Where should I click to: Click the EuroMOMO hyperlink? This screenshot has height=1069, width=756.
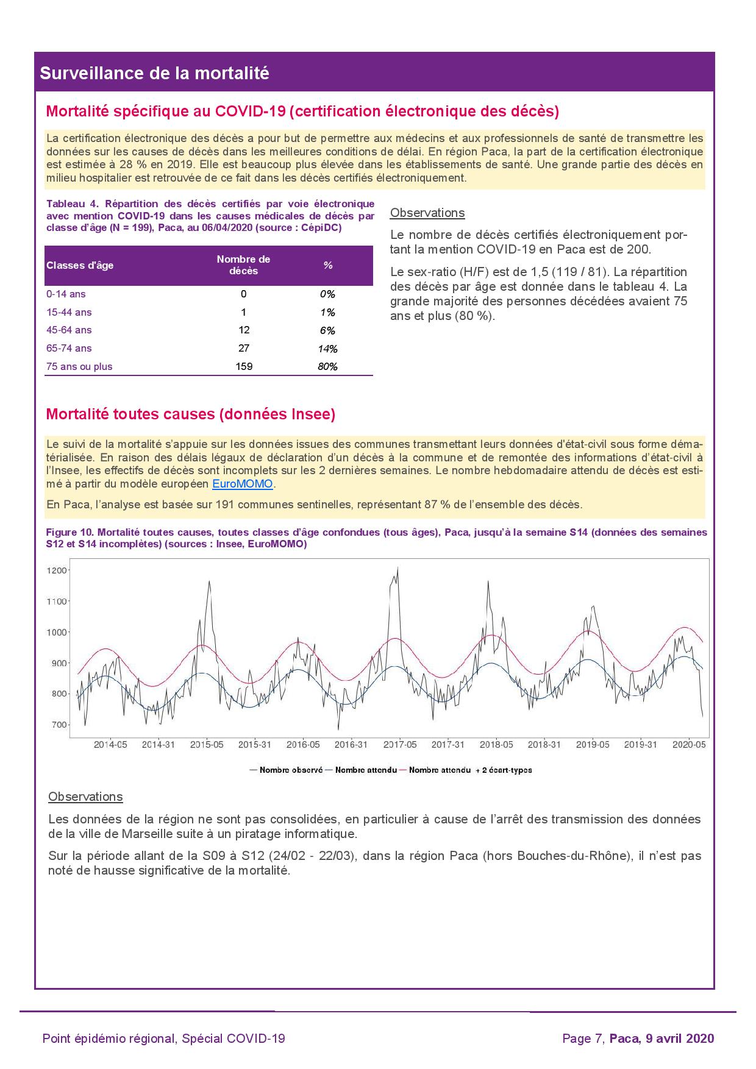pos(243,485)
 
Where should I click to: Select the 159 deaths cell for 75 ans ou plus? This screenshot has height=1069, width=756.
pos(243,366)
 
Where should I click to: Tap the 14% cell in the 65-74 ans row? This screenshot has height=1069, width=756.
pos(328,349)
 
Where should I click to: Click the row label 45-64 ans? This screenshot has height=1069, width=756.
pos(69,330)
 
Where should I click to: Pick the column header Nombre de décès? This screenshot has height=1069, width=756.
pos(243,265)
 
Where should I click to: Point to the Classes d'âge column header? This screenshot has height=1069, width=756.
pos(80,265)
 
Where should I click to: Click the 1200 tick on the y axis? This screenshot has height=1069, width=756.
pos(58,570)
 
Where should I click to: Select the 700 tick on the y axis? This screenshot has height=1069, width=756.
pos(60,725)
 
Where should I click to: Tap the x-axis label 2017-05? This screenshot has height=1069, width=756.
pos(400,745)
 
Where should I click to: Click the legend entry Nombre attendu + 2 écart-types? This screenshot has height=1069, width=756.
pos(469,770)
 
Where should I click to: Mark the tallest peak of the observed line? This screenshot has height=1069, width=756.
pos(398,568)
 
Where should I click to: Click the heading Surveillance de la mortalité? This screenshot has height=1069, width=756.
pos(154,73)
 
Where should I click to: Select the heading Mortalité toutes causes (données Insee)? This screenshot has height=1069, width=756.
pos(191,414)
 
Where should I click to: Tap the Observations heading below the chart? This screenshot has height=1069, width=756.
pos(85,797)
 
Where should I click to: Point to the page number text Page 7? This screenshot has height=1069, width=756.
pos(583,1039)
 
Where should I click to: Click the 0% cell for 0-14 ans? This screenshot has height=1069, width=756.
pos(327,294)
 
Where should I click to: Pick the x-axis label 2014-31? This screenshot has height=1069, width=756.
pos(159,745)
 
